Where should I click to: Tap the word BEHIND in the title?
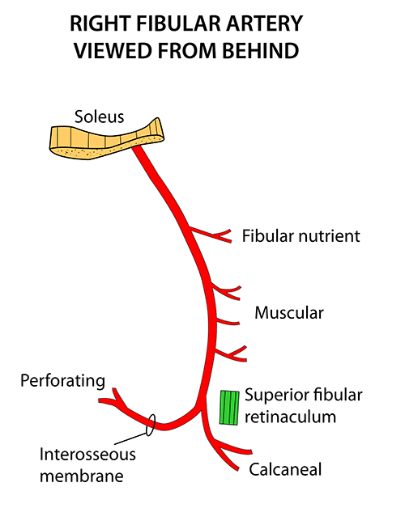pyautogui.click(x=261, y=51)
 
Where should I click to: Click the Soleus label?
pyautogui.click(x=100, y=116)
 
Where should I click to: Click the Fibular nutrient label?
pyautogui.click(x=301, y=236)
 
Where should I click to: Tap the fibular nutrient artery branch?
pyautogui.click(x=211, y=235)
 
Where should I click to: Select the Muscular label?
pyautogui.click(x=289, y=313)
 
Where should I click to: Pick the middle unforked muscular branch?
pyautogui.click(x=228, y=322)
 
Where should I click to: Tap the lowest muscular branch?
pyautogui.click(x=231, y=353)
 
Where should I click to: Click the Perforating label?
pyautogui.click(x=62, y=381)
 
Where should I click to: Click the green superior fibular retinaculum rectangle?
pyautogui.click(x=229, y=408)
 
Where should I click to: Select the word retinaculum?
pyautogui.click(x=290, y=417)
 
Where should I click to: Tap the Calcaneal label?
pyautogui.click(x=285, y=469)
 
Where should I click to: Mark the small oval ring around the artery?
pyautogui.click(x=151, y=425)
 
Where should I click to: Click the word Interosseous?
pyautogui.click(x=87, y=455)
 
